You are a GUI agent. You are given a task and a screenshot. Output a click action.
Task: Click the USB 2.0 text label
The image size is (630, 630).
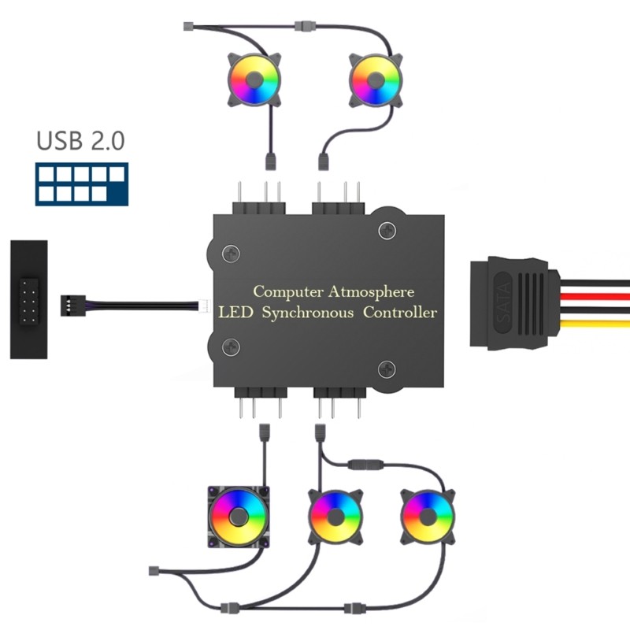[80, 142]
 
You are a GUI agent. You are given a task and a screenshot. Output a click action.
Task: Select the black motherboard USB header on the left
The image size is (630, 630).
[28, 299]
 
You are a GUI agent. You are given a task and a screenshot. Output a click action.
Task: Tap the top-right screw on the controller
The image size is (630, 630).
[386, 230]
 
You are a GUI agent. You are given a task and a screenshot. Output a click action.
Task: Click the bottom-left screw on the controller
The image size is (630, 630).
[230, 345]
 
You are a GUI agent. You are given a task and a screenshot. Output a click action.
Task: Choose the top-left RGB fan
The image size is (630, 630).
[254, 79]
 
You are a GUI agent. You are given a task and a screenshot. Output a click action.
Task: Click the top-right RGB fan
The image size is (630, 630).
[374, 79]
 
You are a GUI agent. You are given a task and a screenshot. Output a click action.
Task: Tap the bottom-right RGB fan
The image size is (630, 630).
[427, 517]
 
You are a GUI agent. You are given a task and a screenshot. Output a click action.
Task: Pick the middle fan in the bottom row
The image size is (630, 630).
[335, 517]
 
